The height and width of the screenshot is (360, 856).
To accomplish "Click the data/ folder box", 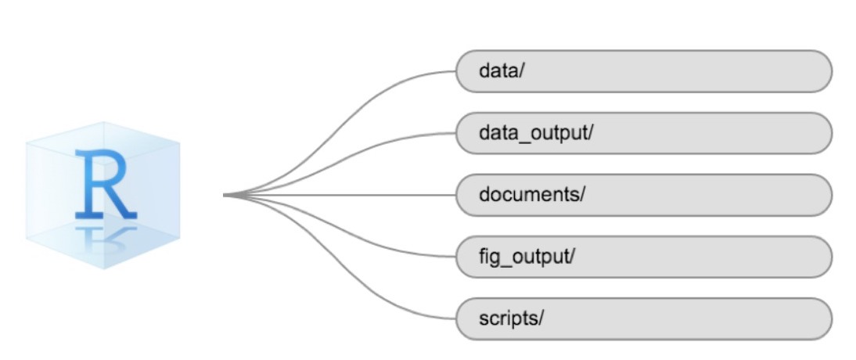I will coord(643,71).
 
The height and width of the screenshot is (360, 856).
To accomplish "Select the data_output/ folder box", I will coord(643,133).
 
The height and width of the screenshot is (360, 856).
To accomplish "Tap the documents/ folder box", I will coord(643,195).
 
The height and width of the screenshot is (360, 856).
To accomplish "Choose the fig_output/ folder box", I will coord(643,257).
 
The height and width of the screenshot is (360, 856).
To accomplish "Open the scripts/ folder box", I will coord(643,319).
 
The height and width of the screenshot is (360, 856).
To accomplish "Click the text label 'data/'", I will coord(501,71).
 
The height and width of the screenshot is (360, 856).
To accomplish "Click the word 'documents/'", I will coord(532,195).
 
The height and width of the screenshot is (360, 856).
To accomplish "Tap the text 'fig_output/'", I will coord(527,257).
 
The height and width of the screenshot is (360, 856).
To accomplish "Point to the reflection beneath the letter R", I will coord(106,236).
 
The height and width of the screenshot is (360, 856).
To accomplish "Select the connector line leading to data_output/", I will coord(376,149).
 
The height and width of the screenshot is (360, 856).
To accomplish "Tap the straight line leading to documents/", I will coord(352,195).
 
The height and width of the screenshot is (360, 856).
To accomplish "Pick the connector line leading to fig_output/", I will coord(376,240).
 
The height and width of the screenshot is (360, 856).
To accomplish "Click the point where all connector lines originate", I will coord(225,195).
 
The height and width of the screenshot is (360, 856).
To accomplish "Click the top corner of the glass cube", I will coord(103,122).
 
